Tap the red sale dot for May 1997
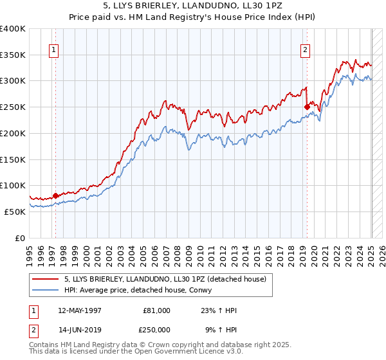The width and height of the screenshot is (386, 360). [x=55, y=195]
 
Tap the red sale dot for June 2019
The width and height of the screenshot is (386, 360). [x=307, y=107]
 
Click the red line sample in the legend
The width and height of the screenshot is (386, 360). [x=46, y=278]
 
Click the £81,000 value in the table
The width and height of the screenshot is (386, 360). [x=156, y=310]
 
